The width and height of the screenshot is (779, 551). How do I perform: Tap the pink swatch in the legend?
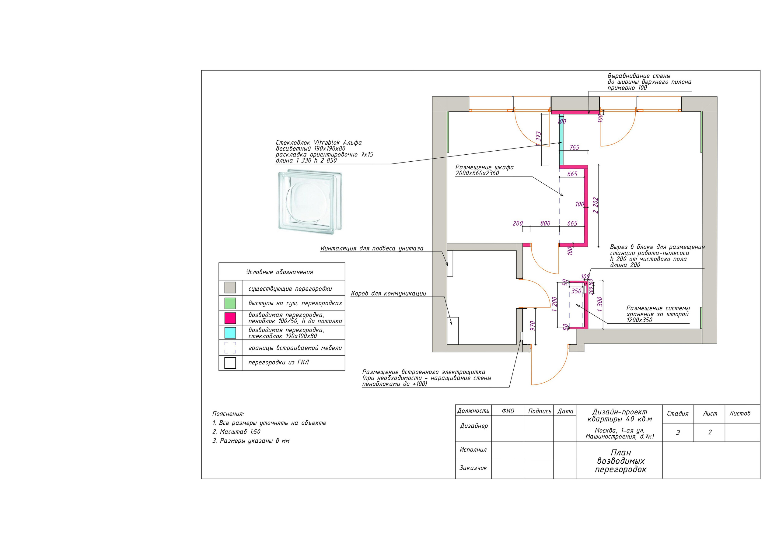click(230, 318)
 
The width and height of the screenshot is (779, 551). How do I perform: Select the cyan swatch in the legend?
click(230, 333)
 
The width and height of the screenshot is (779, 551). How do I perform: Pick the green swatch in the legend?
click(230, 303)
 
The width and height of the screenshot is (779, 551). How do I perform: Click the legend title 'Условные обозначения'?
click(280, 272)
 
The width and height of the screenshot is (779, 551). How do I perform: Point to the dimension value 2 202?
click(596, 205)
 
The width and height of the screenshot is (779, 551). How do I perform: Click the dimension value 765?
click(575, 147)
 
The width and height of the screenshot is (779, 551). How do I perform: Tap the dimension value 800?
click(545, 223)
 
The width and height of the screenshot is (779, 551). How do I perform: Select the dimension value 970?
click(532, 326)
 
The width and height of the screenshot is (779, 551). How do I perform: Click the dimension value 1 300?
click(600, 304)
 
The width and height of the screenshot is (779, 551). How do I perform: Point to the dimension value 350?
click(576, 291)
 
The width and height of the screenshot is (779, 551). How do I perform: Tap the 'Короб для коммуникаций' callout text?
click(389, 293)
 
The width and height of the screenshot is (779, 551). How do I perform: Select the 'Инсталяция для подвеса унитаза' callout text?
click(372, 248)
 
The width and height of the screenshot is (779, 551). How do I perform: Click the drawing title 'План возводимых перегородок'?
click(620, 461)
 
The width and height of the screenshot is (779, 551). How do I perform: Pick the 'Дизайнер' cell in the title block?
click(474, 426)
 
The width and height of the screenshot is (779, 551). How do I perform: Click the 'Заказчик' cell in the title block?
click(473, 468)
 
